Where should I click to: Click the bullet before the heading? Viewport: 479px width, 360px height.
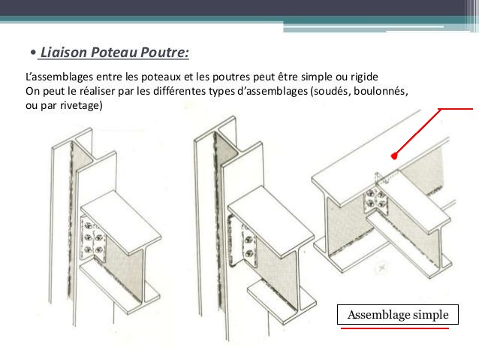click(x=33, y=53)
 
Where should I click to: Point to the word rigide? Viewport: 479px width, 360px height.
click(x=364, y=77)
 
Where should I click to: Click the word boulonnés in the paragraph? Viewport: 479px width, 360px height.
click(x=381, y=91)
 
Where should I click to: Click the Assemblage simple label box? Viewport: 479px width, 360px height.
click(x=398, y=314)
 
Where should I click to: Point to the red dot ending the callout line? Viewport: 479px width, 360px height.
click(x=394, y=156)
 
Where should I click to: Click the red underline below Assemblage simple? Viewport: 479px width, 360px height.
click(x=395, y=328)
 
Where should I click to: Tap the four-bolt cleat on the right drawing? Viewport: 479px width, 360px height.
click(x=375, y=199)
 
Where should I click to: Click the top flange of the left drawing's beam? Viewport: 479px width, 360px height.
click(x=121, y=222)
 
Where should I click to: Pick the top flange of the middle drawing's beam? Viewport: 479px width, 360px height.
click(x=271, y=217)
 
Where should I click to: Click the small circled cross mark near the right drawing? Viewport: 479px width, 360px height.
click(x=381, y=268)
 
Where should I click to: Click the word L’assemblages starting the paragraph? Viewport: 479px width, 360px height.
click(x=59, y=77)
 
